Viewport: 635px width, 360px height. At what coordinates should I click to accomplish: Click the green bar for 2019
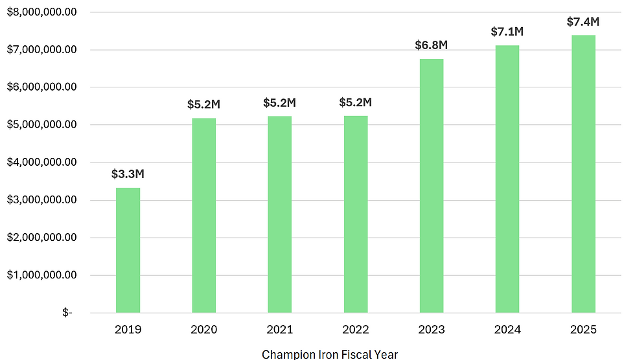pos(128,250)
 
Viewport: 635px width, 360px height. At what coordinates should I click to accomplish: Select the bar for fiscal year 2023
pos(432,186)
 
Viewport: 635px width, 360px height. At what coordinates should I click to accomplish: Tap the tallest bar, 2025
pos(583,174)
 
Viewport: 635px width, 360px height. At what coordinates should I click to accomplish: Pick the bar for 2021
pos(279,214)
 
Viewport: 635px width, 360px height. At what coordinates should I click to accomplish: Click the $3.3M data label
pos(128,174)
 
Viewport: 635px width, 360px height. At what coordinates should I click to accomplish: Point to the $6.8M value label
pos(432,45)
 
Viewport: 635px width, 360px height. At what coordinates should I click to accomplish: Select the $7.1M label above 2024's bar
pos(507,32)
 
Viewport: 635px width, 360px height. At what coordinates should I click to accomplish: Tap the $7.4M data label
pos(583,21)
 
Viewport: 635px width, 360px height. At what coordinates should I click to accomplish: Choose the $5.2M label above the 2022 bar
pos(356,102)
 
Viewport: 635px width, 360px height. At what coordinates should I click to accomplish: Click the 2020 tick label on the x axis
pos(203,330)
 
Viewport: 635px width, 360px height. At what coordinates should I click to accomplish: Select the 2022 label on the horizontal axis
pos(356,330)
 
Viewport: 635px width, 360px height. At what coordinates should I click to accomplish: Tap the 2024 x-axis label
pos(507,330)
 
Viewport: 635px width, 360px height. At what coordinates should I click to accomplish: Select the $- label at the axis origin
pos(67,313)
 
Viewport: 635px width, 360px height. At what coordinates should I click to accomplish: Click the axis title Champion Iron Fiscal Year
pos(329,354)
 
